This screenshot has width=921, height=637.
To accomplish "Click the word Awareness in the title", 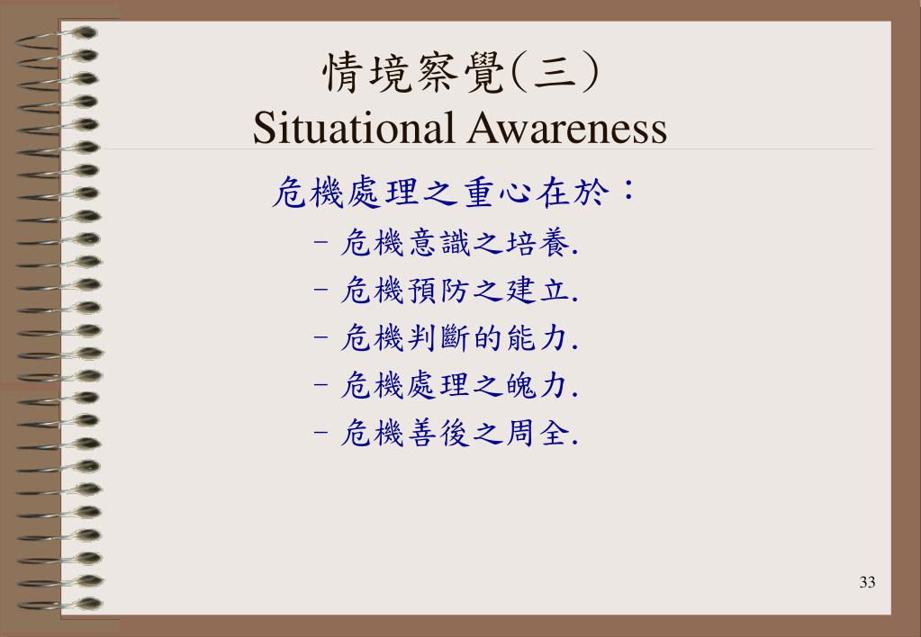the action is point(567,128).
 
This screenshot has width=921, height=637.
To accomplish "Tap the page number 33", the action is point(867,582).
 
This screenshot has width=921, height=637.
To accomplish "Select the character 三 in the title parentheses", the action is point(555,74).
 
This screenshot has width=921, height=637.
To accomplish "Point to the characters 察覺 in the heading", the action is point(462,74).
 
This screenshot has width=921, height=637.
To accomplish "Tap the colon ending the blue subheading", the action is point(628,190).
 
